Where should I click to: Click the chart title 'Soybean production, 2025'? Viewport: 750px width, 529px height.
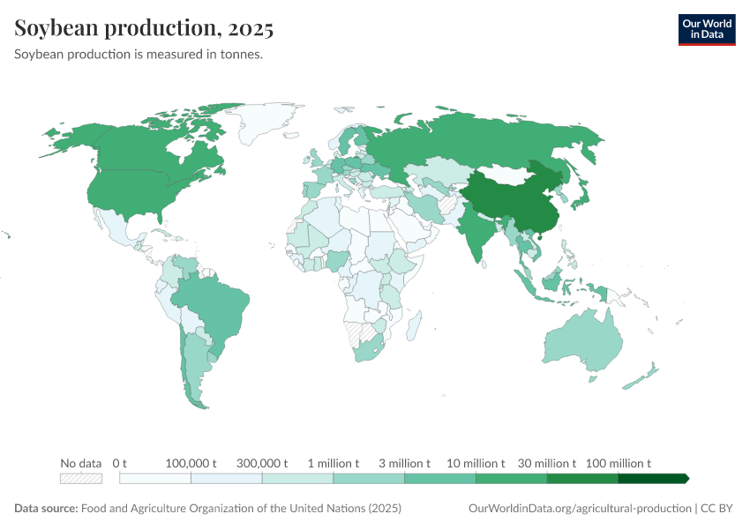tap(144, 28)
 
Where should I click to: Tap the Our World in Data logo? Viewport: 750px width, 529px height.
tap(706, 29)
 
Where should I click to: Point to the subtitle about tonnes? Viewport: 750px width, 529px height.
tap(139, 55)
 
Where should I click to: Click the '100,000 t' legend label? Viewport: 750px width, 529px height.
tap(191, 463)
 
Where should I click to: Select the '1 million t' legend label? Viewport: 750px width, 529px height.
tap(333, 463)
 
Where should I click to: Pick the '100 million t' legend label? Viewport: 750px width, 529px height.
tap(619, 463)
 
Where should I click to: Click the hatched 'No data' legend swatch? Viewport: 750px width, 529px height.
tap(81, 479)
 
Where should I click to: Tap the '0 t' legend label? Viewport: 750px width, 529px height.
tap(120, 463)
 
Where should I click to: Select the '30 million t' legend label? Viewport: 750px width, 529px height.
tap(547, 463)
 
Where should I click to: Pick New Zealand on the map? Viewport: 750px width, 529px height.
tap(642, 376)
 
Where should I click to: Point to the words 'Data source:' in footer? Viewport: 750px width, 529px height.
tap(46, 509)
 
